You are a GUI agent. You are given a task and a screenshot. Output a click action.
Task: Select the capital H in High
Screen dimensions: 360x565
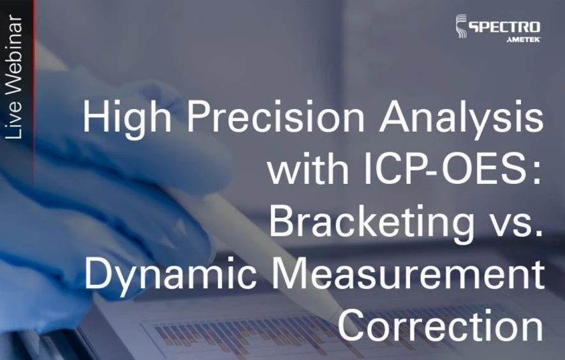tap(96, 119)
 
